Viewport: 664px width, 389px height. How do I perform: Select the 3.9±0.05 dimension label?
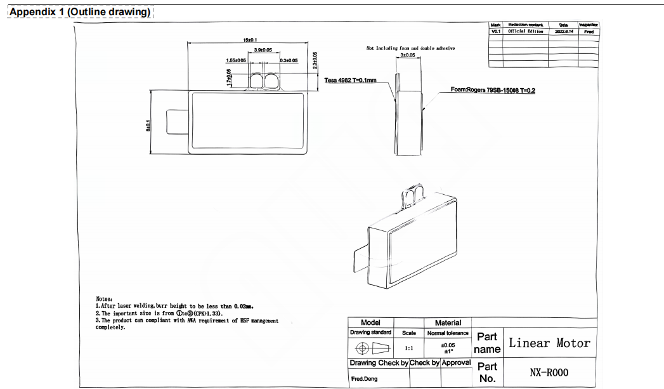coord(263,49)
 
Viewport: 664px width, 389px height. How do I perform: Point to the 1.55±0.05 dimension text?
coord(236,60)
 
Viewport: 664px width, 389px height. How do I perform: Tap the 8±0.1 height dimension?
coord(148,125)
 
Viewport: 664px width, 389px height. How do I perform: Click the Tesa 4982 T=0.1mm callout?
coord(350,81)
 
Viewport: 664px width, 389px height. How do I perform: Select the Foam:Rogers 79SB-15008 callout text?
coord(493,90)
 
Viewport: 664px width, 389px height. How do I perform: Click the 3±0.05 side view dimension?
coord(408,55)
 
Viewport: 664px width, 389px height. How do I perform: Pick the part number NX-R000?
coord(549,373)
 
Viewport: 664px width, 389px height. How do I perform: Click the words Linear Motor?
coord(549,343)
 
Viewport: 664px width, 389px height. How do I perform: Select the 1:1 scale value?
coord(409,348)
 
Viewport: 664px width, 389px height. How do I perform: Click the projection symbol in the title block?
coord(371,348)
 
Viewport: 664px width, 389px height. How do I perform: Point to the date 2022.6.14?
coord(564,31)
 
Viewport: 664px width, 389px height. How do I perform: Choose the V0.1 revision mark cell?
coord(496,31)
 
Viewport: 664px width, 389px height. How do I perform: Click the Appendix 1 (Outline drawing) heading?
coord(81,12)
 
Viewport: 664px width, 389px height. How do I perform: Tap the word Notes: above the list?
coord(104,298)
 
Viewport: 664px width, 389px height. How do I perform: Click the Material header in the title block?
coord(448,323)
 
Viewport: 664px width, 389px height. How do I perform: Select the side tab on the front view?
coord(176,122)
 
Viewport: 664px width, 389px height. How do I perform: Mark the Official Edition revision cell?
coord(526,31)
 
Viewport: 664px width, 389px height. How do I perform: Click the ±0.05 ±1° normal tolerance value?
coord(448,349)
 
